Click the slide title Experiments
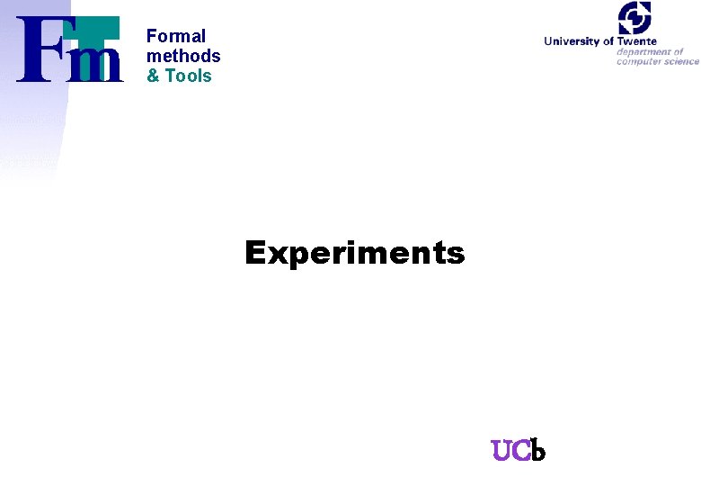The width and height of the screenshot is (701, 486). click(x=355, y=254)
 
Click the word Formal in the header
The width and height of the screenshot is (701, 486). click(x=176, y=36)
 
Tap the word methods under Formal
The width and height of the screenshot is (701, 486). click(x=183, y=56)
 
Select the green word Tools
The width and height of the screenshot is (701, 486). click(x=189, y=76)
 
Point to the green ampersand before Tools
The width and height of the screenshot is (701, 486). click(x=153, y=76)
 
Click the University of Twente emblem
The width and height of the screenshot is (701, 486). click(x=634, y=18)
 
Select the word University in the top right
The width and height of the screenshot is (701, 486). click(x=572, y=40)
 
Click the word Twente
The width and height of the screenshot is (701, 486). click(x=637, y=40)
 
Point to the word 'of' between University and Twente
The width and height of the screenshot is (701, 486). click(x=608, y=40)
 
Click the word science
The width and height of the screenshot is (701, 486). click(x=680, y=61)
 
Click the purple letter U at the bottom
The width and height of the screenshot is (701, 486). click(x=501, y=450)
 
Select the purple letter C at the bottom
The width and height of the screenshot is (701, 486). click(x=520, y=450)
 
